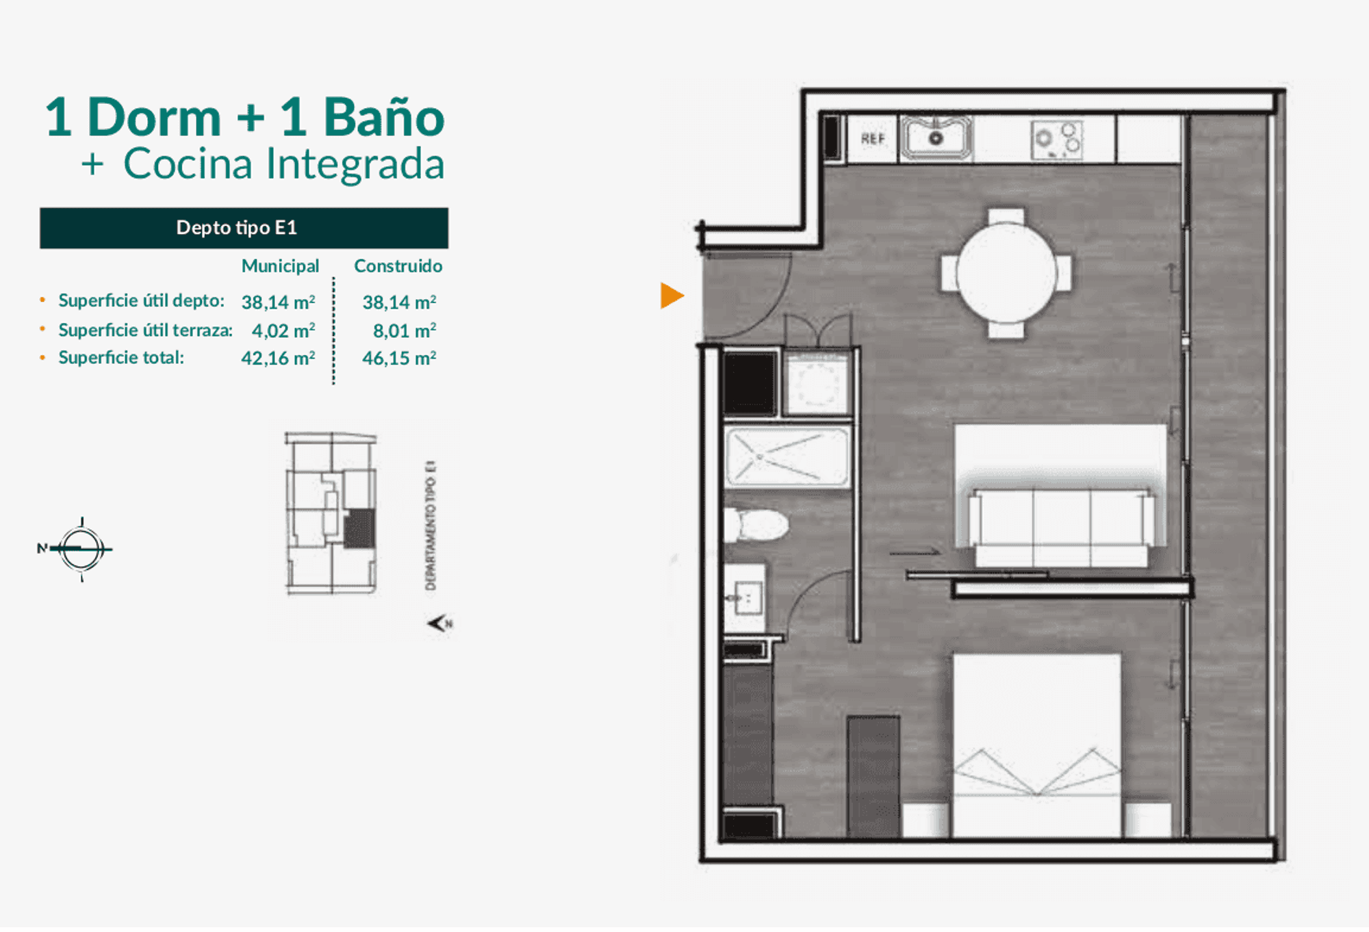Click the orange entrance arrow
(671, 296)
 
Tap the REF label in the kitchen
(873, 139)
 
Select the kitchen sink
(936, 138)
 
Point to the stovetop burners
(1057, 140)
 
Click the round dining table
(1006, 272)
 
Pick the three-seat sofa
(1062, 527)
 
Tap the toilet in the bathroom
(756, 524)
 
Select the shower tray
(787, 457)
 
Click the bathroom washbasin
(745, 598)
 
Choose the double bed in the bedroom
(1037, 745)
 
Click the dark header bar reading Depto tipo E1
(244, 228)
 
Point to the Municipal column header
(280, 266)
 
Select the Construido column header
(398, 266)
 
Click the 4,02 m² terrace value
(283, 331)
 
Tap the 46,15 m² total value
(399, 358)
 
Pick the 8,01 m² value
(405, 331)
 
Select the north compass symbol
(80, 549)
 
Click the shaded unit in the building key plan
(359, 528)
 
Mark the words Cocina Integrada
(283, 164)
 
